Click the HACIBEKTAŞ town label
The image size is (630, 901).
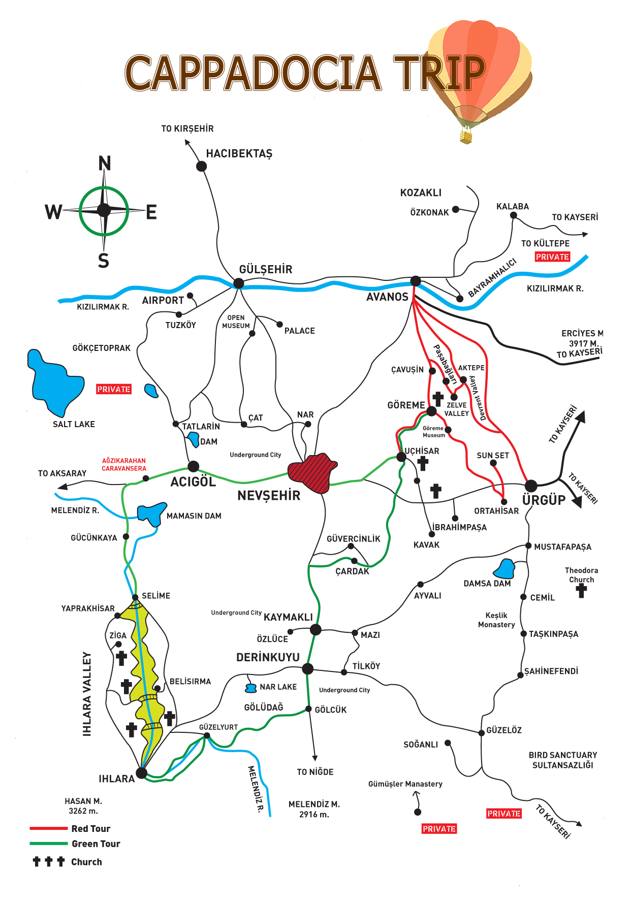(239, 153)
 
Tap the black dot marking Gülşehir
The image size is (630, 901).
(238, 283)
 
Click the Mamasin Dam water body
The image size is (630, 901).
(151, 513)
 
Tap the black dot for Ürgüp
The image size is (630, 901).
(531, 486)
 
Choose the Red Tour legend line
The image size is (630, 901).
(49, 828)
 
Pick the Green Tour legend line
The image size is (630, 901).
(49, 844)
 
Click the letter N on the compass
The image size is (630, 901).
(104, 164)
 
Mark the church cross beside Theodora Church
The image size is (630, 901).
(582, 591)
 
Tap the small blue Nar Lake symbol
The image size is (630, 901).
(250, 688)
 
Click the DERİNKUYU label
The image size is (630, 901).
(268, 657)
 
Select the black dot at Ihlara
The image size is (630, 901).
(142, 773)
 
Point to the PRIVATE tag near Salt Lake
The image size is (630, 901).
(114, 389)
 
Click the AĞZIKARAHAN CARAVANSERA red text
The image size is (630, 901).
(124, 465)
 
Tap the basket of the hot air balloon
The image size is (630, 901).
(465, 137)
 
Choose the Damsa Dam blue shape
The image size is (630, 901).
(505, 569)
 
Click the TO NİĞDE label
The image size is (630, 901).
(315, 772)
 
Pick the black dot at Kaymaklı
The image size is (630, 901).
(316, 630)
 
